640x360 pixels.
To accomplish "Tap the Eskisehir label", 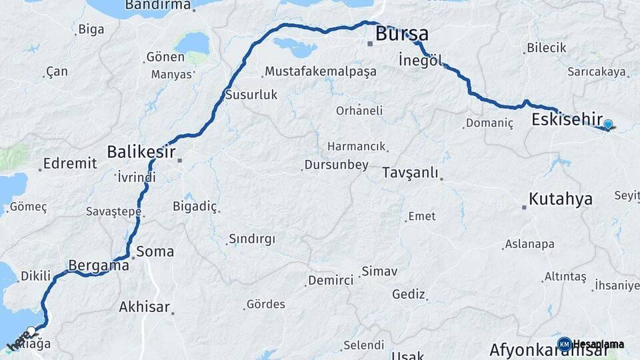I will click(x=567, y=120).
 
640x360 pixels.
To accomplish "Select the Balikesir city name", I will click(x=141, y=152).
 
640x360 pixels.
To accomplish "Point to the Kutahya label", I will click(x=560, y=199).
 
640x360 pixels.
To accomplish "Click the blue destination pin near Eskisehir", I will click(x=607, y=125).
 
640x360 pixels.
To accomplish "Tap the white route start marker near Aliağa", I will click(x=31, y=331).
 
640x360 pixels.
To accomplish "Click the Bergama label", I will click(x=99, y=265).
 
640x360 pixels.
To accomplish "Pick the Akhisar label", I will click(x=145, y=308).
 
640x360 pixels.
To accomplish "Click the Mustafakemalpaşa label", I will click(x=320, y=71).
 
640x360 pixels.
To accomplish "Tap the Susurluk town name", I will click(x=251, y=95).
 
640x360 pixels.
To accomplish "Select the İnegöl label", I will click(x=420, y=60).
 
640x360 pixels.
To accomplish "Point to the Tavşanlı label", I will click(x=410, y=173).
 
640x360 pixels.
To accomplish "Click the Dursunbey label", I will click(x=336, y=165).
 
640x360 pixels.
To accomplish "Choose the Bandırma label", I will click(x=158, y=5).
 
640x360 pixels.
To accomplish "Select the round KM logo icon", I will click(x=564, y=345).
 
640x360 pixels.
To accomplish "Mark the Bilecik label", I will click(x=546, y=47).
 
